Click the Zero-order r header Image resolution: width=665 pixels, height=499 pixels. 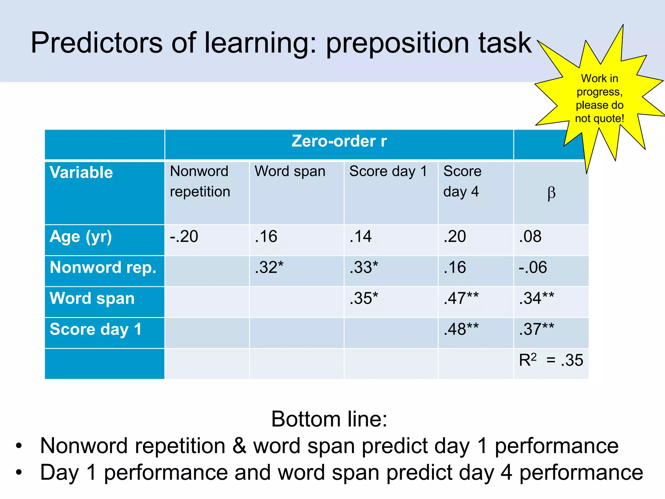[339, 141]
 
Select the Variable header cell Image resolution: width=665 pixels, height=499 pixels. [81, 172]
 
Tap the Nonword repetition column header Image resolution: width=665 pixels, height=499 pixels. [200, 181]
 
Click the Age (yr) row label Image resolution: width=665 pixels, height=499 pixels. [81, 237]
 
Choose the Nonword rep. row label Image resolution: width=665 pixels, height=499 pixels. [103, 267]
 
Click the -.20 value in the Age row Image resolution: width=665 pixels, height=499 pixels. [184, 237]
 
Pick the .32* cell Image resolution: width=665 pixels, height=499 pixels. [269, 267]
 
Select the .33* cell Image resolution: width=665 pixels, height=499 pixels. [364, 267]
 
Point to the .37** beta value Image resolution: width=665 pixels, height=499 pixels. [536, 329]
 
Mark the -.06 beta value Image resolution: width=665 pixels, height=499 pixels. [533, 267]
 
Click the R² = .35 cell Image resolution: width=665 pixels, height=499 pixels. [551, 360]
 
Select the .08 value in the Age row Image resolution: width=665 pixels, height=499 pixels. [530, 237]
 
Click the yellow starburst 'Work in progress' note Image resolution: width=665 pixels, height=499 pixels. [599, 98]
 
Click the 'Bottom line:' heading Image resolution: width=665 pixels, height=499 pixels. [329, 419]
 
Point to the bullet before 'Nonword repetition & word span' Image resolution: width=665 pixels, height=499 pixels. [19, 446]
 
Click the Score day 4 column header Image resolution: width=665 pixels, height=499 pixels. [462, 181]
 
